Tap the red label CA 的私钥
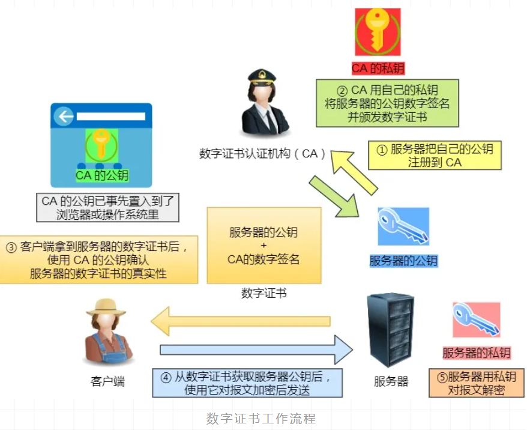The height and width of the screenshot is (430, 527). pos(376,68)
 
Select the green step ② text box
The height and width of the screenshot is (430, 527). pos(387,103)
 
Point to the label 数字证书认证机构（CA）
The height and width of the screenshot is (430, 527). pos(263,154)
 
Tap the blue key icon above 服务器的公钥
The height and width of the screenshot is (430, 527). pos(403,228)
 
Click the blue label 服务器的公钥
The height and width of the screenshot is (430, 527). pos(403,261)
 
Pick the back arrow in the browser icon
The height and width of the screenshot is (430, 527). pos(64,117)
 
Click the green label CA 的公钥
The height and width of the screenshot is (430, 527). pos(102,176)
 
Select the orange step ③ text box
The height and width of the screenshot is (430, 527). pos(100,259)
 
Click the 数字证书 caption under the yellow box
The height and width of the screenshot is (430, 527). pos(263,293)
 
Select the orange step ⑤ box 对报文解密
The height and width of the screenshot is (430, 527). pos(477,383)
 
